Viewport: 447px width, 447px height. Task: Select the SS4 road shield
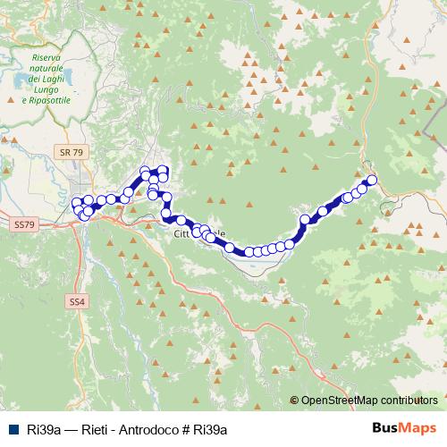click(78, 302)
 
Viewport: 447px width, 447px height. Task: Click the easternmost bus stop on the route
click(372, 181)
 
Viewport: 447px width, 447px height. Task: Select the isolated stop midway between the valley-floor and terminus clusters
click(323, 211)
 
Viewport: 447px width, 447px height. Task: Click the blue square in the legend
click(15, 429)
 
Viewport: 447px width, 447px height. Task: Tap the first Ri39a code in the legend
click(44, 429)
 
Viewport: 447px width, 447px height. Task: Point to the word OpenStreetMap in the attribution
click(339, 401)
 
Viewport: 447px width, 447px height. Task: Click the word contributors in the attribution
click(409, 401)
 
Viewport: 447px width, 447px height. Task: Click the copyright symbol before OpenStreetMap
click(294, 401)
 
